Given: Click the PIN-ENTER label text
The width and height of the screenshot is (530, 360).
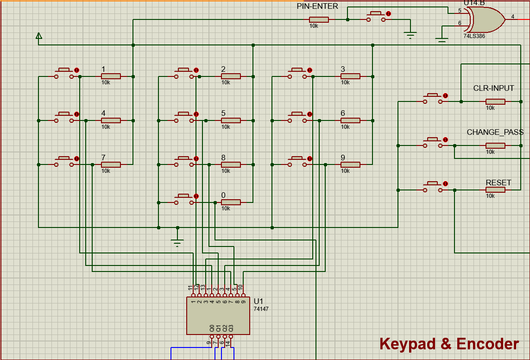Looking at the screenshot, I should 317,6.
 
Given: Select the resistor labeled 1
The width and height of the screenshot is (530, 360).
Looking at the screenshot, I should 111,76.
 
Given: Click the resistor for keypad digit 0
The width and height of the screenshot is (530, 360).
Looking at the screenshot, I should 231,202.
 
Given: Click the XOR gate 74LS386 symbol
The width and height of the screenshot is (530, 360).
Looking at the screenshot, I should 486,19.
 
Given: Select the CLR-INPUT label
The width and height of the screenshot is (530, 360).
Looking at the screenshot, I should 493,88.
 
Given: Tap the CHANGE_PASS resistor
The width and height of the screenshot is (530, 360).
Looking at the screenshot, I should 495,145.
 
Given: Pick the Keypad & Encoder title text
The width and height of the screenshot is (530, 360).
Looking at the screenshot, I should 449,344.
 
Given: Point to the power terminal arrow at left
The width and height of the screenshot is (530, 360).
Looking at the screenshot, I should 39,36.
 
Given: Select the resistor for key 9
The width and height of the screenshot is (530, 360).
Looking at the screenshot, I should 350,164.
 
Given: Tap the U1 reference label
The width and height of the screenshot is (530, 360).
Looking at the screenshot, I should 258,301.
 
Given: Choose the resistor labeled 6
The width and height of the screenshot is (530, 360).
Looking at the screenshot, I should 350,120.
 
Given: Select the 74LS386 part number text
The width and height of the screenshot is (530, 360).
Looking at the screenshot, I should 474,36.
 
